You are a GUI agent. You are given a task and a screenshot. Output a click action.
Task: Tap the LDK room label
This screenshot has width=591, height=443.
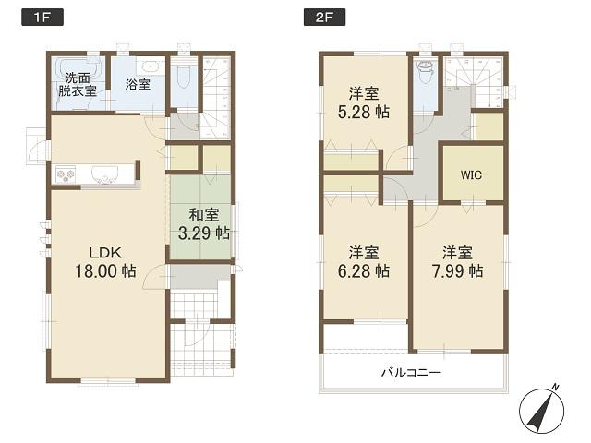[x=105, y=252]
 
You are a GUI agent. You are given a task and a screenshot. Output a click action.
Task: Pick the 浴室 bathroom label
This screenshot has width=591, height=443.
[x=139, y=84]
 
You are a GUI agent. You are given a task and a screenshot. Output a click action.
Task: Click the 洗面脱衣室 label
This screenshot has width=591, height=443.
[x=75, y=84]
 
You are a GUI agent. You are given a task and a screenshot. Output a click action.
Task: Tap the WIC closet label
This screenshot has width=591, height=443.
[x=471, y=174]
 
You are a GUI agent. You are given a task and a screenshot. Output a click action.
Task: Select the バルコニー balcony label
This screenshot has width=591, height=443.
[x=411, y=373]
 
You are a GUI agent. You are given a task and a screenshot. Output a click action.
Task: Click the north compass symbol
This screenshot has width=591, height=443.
[x=542, y=406]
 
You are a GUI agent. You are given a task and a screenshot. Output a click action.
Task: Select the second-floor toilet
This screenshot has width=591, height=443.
[x=426, y=68]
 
